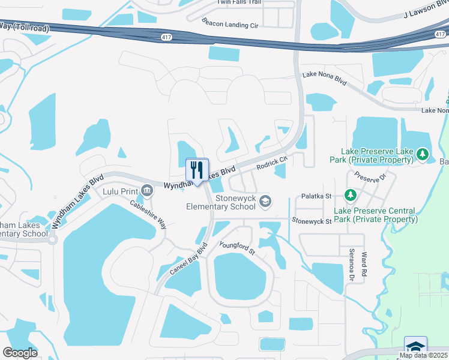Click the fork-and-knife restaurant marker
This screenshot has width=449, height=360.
pos(197,170)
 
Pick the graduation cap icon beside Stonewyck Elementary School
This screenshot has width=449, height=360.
pos(265,202)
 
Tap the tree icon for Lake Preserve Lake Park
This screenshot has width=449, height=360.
pos(423,155)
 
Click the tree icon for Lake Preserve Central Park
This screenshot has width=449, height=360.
pos(351,196)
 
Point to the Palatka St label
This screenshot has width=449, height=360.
pos(317,196)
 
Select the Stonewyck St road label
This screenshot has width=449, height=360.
pos(312,221)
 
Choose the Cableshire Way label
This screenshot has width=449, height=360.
pos(148,212)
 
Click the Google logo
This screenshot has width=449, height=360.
pos(20,353)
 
